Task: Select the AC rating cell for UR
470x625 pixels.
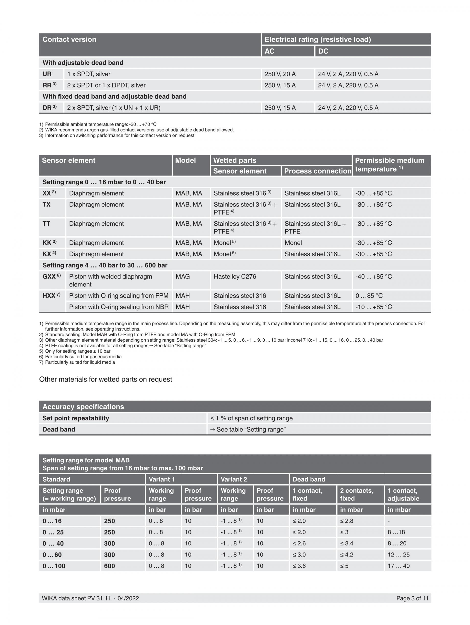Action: pyautogui.click(x=280, y=74)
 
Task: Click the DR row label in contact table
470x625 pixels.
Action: pyautogui.click(x=49, y=108)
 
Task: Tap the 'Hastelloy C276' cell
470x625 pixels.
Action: pyautogui.click(x=235, y=277)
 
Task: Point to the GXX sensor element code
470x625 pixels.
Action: pyautogui.click(x=51, y=277)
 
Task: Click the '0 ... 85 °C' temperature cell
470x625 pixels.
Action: pyautogui.click(x=369, y=296)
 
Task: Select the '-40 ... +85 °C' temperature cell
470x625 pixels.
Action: pyautogui.click(x=373, y=277)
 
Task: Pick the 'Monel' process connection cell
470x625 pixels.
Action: pyautogui.click(x=293, y=243)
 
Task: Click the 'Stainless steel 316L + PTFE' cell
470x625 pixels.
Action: pyautogui.click(x=315, y=227)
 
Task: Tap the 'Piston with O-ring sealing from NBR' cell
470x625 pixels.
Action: pyautogui.click(x=119, y=307)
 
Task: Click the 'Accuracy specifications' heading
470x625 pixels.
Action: pyautogui.click(x=83, y=406)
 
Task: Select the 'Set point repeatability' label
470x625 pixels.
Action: pyautogui.click(x=75, y=418)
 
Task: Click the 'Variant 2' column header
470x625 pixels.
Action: pyautogui.click(x=234, y=479)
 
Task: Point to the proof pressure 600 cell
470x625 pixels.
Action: pyautogui.click(x=109, y=566)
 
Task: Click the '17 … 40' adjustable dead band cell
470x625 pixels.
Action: pyautogui.click(x=399, y=566)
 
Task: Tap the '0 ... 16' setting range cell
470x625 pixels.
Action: pyautogui.click(x=52, y=521)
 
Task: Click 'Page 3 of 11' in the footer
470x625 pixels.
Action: pyautogui.click(x=412, y=598)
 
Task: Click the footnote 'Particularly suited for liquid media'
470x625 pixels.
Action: pyautogui.click(x=80, y=362)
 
